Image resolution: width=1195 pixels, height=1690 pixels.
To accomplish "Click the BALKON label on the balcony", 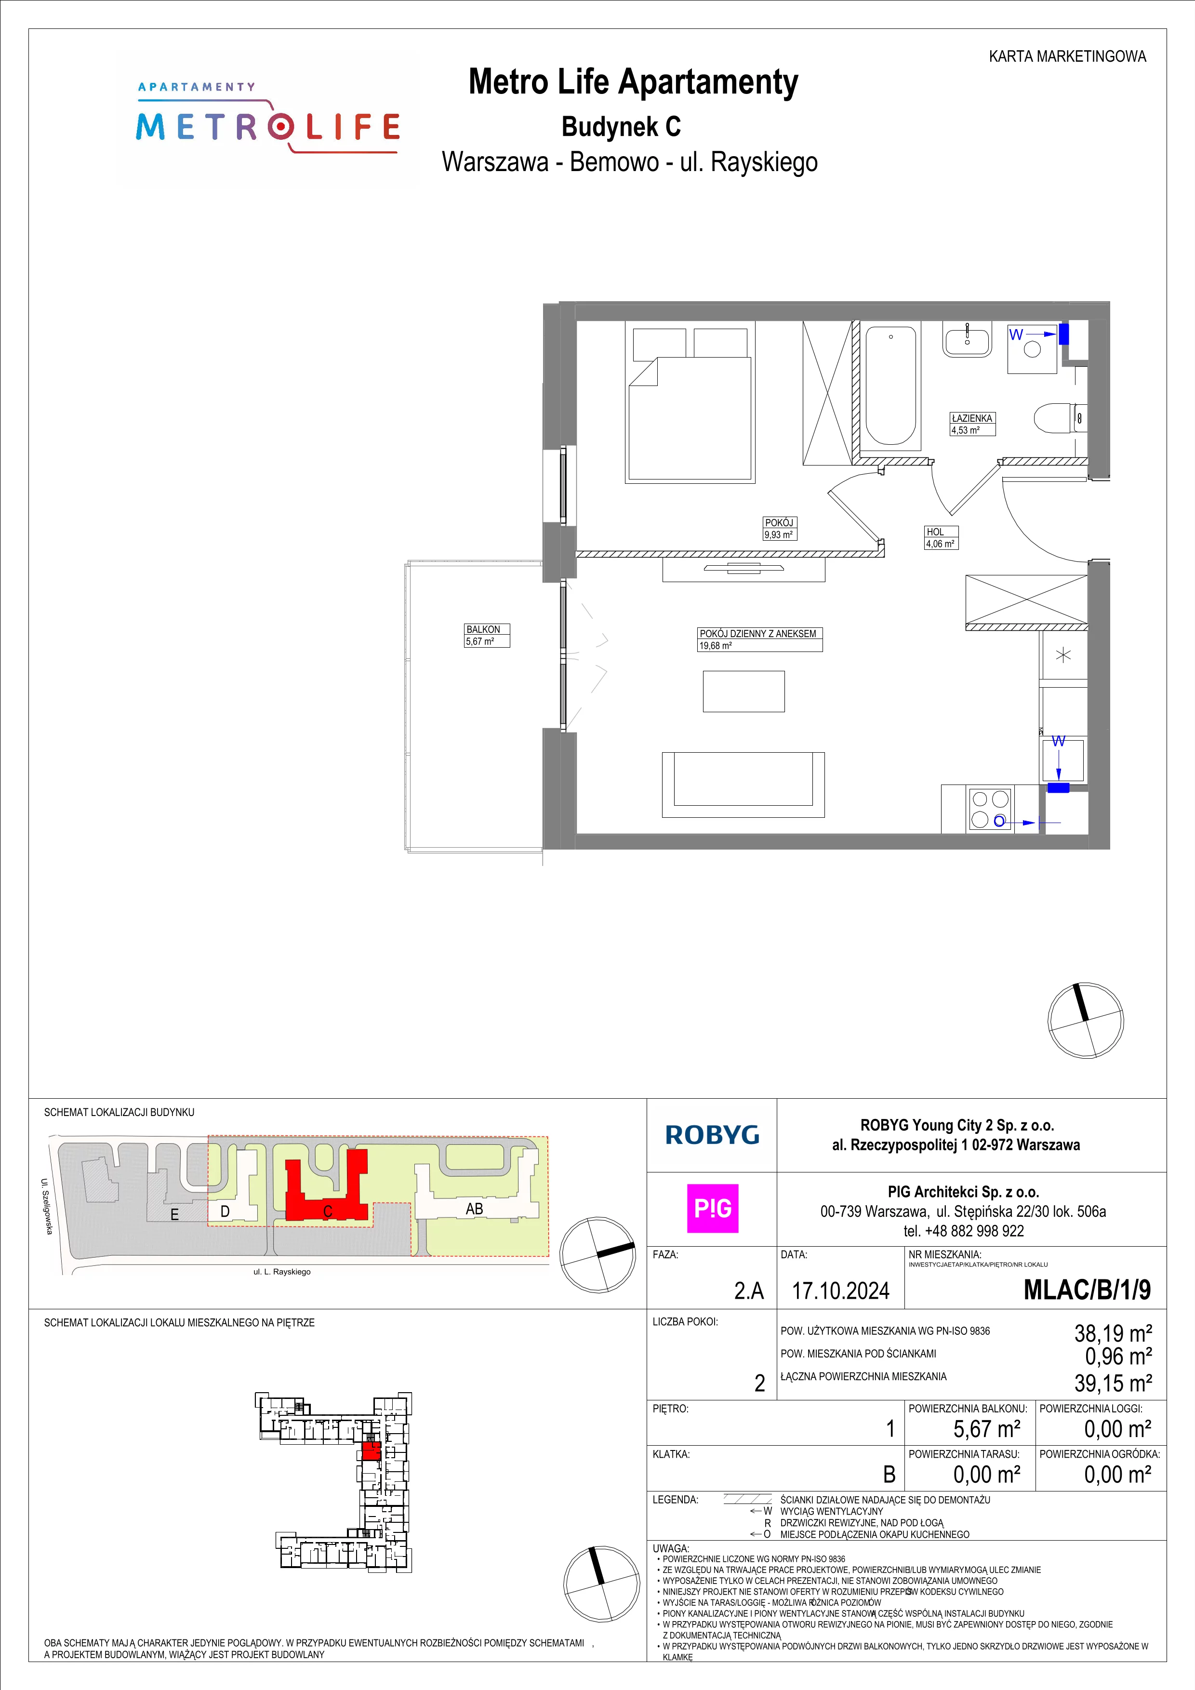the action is click(483, 629).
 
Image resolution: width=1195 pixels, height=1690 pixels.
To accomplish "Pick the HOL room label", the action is click(935, 532).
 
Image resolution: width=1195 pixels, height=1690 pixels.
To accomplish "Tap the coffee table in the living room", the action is click(743, 691).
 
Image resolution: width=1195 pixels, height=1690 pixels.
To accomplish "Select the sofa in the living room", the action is click(743, 785).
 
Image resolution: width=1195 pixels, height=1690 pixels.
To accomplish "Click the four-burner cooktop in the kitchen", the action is click(990, 809).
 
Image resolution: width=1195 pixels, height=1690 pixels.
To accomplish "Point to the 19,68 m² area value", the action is click(715, 646).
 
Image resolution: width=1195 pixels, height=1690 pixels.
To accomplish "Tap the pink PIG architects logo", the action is click(712, 1208).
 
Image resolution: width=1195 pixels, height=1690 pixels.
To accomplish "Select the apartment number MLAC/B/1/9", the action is click(1087, 1290).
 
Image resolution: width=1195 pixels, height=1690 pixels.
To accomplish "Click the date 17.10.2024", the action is click(840, 1291).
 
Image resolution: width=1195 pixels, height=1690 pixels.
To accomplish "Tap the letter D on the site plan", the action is click(225, 1211).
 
